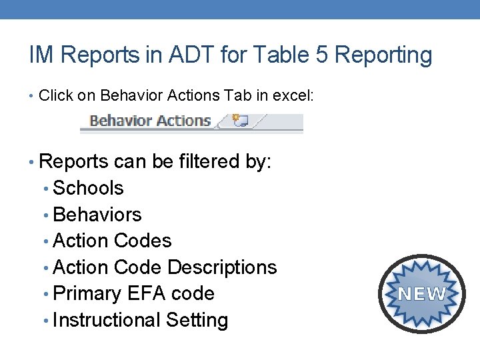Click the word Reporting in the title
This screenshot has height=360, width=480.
[x=384, y=56]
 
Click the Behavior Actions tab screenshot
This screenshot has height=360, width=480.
[x=150, y=121]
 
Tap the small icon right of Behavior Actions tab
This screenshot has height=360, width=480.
[x=239, y=121]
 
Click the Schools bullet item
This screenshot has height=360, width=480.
[x=88, y=188]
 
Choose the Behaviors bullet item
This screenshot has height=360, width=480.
[x=97, y=215]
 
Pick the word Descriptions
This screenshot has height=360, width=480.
[x=222, y=267]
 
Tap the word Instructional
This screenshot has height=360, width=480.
[x=107, y=321]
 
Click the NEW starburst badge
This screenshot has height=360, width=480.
[x=422, y=293]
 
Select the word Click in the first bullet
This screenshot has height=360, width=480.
[x=56, y=95]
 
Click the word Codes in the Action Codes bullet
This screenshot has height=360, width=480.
[x=143, y=241]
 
